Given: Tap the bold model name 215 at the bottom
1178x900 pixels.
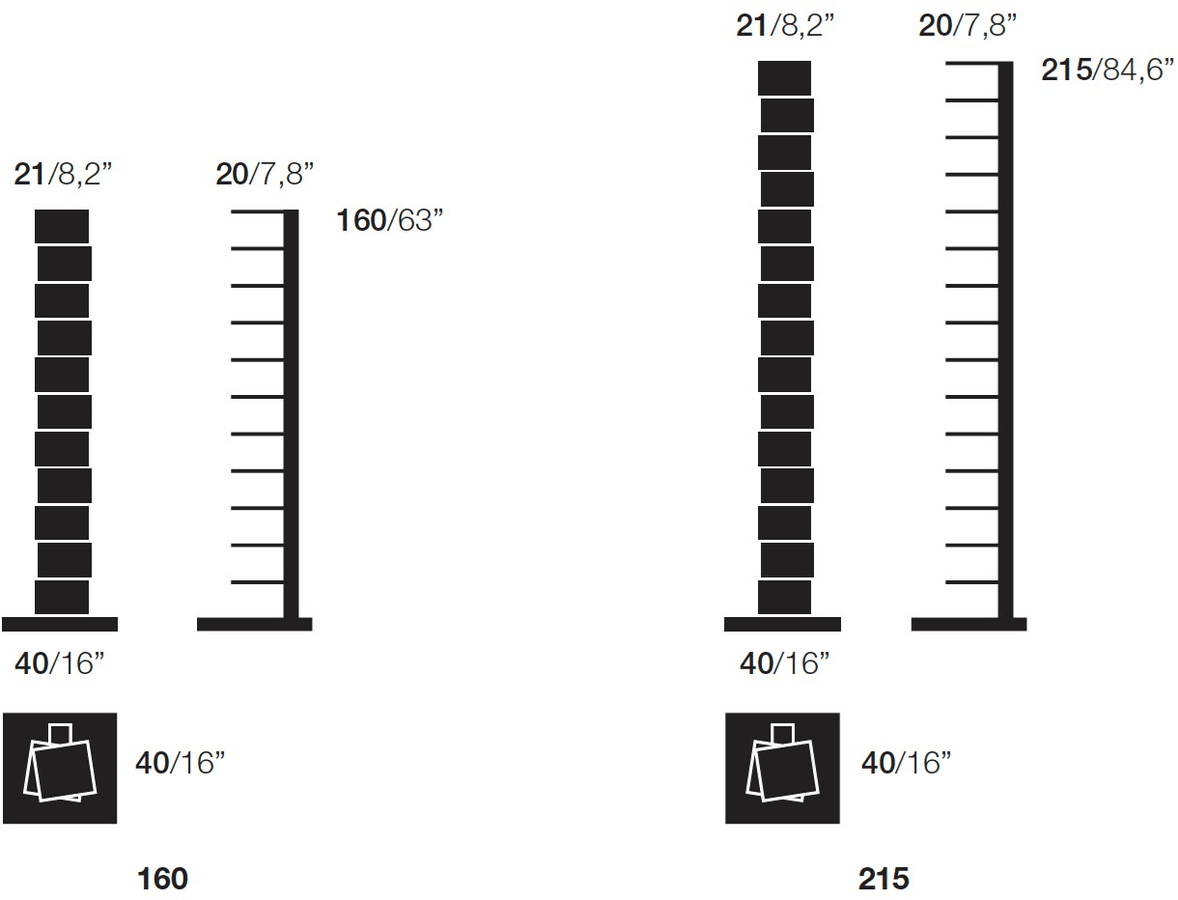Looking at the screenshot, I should click(x=883, y=879).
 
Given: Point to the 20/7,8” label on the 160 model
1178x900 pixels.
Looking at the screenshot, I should click(x=263, y=175).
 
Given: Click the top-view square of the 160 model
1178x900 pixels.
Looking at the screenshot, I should click(x=60, y=769).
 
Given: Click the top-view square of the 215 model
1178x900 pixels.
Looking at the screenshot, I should click(x=782, y=769).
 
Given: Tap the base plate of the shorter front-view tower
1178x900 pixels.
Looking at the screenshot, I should click(x=60, y=624).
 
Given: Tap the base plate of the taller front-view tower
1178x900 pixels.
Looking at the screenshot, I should click(x=782, y=624).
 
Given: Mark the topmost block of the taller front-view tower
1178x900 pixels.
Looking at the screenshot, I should click(x=783, y=78).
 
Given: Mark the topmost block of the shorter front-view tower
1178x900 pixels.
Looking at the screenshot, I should click(x=63, y=226).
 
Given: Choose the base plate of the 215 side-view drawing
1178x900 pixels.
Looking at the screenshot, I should click(x=969, y=624).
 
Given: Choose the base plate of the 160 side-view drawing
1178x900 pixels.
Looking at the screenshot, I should click(x=253, y=624).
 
